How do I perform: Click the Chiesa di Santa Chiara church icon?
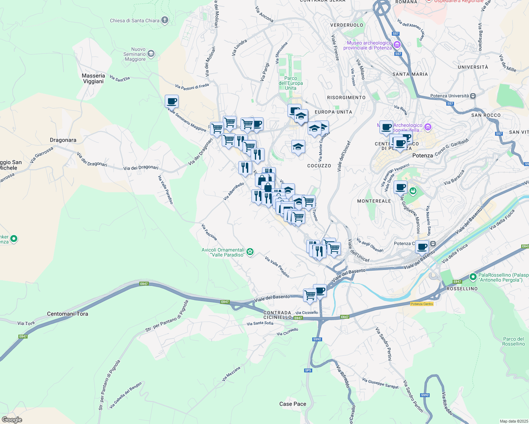click(x=165, y=20)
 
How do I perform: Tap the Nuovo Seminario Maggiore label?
click(x=135, y=54)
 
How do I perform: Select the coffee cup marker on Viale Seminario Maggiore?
click(x=172, y=102)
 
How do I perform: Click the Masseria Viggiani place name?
click(x=93, y=78)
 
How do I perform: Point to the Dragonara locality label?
click(x=63, y=140)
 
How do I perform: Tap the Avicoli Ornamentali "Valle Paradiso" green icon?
click(x=250, y=252)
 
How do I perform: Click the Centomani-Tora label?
click(x=68, y=314)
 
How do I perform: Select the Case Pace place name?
click(x=293, y=404)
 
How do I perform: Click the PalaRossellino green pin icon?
click(x=473, y=277)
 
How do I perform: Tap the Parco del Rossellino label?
click(x=513, y=341)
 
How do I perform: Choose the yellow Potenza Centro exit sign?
click(x=422, y=304)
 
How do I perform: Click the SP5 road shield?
click(x=308, y=370)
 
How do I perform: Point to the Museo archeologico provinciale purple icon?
click(x=397, y=45)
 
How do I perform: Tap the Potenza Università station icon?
click(x=473, y=96)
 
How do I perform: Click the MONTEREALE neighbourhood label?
click(x=374, y=201)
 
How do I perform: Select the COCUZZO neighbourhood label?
click(x=319, y=166)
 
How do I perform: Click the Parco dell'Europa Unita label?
click(x=291, y=83)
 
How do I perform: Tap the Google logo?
click(x=12, y=420)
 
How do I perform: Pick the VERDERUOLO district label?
click(x=347, y=25)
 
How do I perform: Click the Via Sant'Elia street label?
click(x=120, y=78)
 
